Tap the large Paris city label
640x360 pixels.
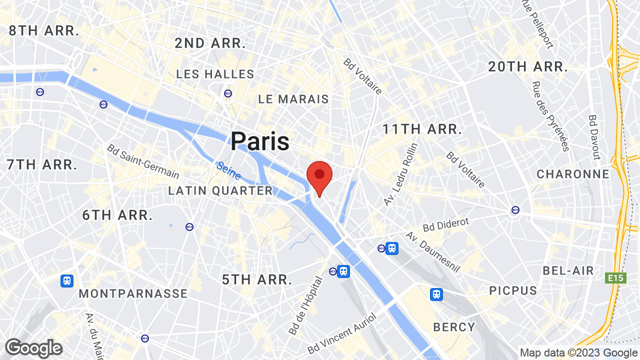[x=260, y=141]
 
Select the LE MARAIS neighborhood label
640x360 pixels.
[x=293, y=99]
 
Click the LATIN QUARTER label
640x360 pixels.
[x=220, y=190]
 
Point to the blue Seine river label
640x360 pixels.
[x=229, y=170]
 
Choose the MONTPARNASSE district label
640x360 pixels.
[x=133, y=293]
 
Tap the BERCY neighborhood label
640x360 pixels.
[x=454, y=327]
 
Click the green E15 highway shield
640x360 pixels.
[x=616, y=278]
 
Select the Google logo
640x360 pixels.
[x=33, y=348]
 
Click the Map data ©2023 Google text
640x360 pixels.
[x=578, y=352]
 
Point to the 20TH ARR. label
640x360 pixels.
[x=528, y=66]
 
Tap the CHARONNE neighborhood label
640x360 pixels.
[x=573, y=174]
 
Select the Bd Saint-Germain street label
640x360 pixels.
[x=143, y=161]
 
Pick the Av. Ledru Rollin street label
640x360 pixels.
[x=400, y=174]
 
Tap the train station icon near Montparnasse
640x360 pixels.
[x=67, y=281]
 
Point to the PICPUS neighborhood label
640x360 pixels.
[x=513, y=290]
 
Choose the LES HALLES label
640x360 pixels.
[x=215, y=74]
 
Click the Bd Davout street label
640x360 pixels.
[x=593, y=137]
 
